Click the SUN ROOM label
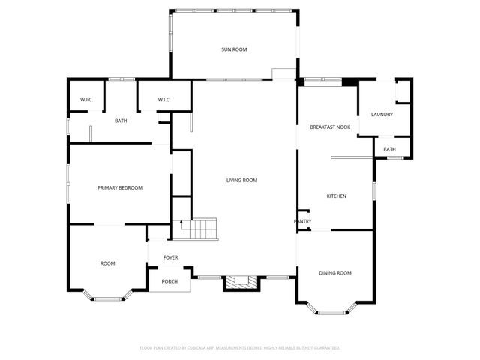(234, 49)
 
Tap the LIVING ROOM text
(242, 180)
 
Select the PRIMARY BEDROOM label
(120, 187)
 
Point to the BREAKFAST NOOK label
(331, 127)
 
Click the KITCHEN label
(336, 196)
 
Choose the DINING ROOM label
(334, 273)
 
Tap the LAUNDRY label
(382, 114)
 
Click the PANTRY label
(302, 221)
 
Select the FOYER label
(170, 257)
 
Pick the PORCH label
(170, 281)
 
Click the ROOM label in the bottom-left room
(108, 263)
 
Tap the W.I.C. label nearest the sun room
(164, 100)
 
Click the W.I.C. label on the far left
(86, 100)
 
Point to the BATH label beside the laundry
(390, 149)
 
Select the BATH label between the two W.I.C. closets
(121, 121)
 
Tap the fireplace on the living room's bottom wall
(241, 283)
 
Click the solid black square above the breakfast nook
(349, 81)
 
